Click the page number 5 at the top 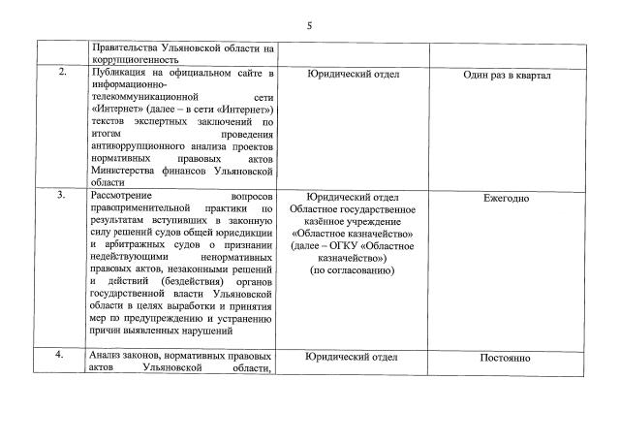coord(309,26)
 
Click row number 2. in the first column coord(61,74)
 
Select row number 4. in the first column coord(61,356)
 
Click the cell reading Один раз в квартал coord(506,75)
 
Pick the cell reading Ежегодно coord(506,198)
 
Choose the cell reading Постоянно coord(506,358)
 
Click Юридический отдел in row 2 coord(353,75)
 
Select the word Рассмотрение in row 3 coord(124,197)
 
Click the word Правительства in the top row coord(127,47)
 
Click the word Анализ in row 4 coord(106,356)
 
